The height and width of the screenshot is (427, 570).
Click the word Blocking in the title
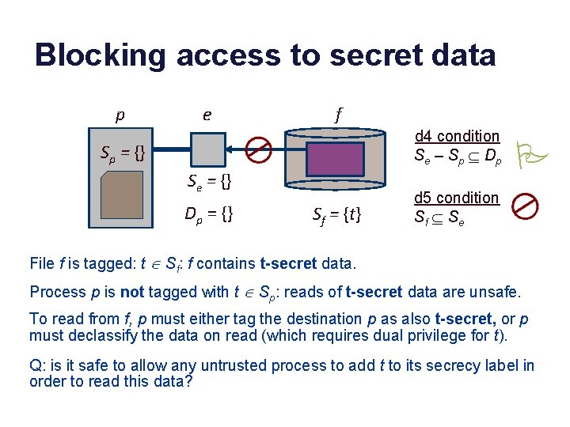click(x=101, y=55)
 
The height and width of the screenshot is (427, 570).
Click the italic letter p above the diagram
click(x=120, y=115)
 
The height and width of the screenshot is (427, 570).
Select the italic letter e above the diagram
click(x=207, y=115)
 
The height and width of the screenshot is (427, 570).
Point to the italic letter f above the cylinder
click(x=338, y=115)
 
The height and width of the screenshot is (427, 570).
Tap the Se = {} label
click(x=209, y=183)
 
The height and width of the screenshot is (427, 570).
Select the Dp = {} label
click(x=208, y=213)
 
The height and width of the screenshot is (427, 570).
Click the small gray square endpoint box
click(x=208, y=149)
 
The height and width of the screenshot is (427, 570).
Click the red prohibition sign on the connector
click(x=259, y=149)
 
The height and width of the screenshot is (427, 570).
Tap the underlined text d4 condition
click(x=457, y=137)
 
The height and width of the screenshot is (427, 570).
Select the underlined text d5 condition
click(x=457, y=198)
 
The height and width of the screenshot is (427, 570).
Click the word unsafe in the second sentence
click(x=495, y=292)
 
